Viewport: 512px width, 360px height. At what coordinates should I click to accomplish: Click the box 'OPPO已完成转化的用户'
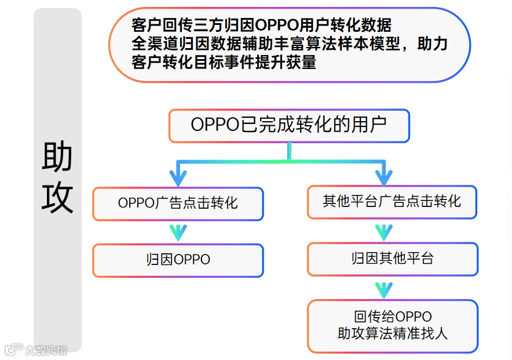tap(289, 125)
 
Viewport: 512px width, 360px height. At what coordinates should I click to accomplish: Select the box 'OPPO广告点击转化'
tap(178, 203)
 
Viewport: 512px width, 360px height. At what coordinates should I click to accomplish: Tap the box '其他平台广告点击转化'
tap(392, 202)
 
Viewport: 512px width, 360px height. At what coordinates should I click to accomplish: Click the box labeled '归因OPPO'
tap(178, 260)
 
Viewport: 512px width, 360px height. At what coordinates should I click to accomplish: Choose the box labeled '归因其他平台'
tap(392, 259)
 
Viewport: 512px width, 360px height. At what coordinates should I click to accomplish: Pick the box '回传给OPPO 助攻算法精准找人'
tap(392, 325)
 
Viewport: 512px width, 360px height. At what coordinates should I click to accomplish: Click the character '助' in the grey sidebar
tap(57, 157)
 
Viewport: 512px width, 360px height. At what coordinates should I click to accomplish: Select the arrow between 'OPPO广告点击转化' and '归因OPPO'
tap(178, 232)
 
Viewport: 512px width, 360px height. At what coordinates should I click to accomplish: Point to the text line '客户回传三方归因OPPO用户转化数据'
tap(261, 25)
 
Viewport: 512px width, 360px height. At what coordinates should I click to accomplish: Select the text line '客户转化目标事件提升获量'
tap(224, 62)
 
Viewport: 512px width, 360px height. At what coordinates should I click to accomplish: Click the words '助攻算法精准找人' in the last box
tap(392, 333)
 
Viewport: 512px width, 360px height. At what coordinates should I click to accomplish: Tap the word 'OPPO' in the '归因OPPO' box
tap(192, 260)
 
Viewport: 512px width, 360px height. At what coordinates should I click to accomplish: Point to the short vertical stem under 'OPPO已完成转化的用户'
tap(289, 151)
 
